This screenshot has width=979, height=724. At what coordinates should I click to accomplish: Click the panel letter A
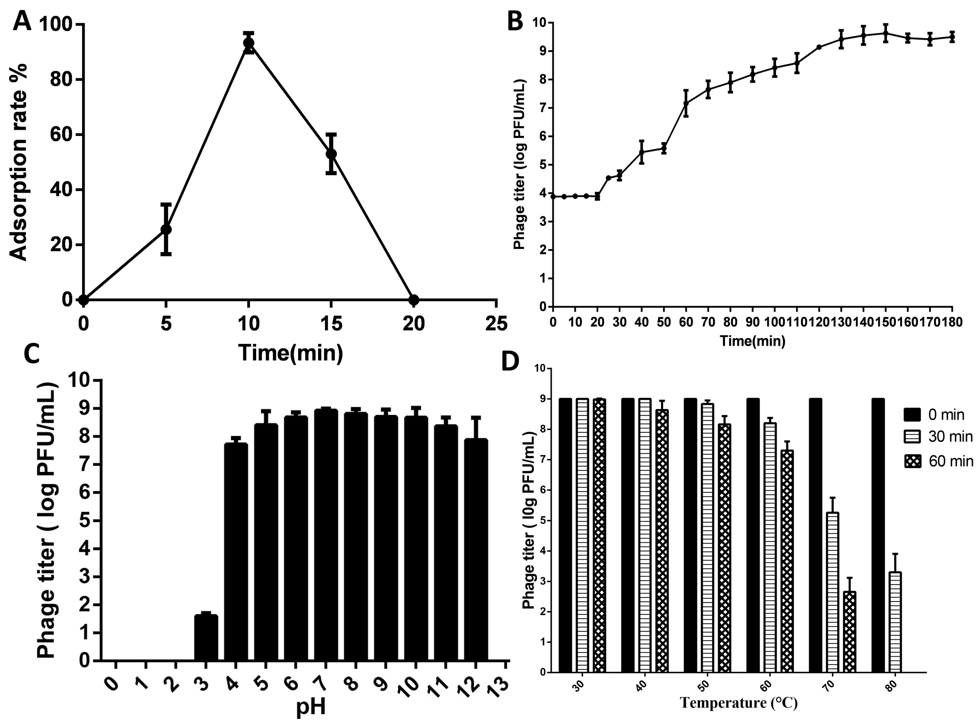[x=22, y=21]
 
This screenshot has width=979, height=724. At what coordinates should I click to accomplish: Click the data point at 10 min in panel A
[x=249, y=43]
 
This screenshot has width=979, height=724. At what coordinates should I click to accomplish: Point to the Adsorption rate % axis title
[x=18, y=162]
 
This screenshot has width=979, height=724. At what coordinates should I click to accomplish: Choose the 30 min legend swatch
[x=912, y=436]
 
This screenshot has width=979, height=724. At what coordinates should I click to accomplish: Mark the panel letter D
[x=510, y=362]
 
